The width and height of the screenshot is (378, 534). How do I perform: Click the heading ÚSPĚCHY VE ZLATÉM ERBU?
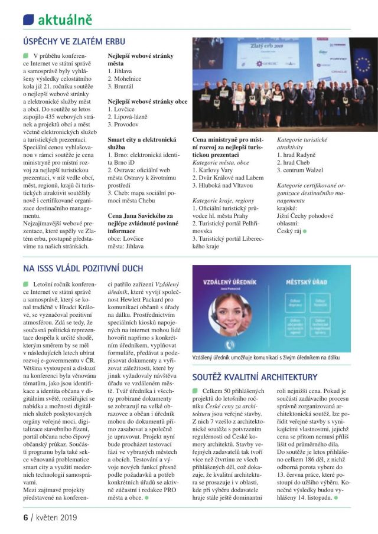click(73, 42)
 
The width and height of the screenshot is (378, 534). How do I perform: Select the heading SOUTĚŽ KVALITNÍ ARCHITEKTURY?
click(255, 376)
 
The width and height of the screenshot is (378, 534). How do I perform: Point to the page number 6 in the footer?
click(25, 517)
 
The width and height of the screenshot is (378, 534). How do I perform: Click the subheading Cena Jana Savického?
click(140, 216)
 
